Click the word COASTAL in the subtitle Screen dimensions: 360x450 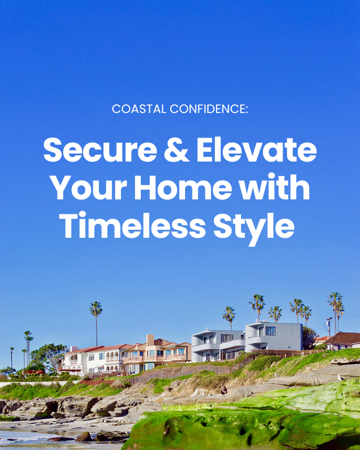point(139,109)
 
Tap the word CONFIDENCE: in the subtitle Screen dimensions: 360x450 point(209,109)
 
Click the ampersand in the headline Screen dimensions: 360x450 point(177,150)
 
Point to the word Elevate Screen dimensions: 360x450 point(257,150)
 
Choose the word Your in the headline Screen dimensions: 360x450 point(89,187)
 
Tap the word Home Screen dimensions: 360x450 point(183,187)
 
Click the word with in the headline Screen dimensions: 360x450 point(275,187)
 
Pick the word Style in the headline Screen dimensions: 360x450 point(254,227)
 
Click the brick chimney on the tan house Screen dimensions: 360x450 point(150,340)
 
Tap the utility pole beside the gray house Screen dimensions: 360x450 point(329,327)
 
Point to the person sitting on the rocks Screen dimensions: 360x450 point(224,390)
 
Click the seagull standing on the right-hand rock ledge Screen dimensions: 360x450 point(340,377)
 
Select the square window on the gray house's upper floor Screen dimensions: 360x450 point(270,331)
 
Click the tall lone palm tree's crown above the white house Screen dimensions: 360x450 point(95,309)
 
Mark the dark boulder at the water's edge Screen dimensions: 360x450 point(84,437)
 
